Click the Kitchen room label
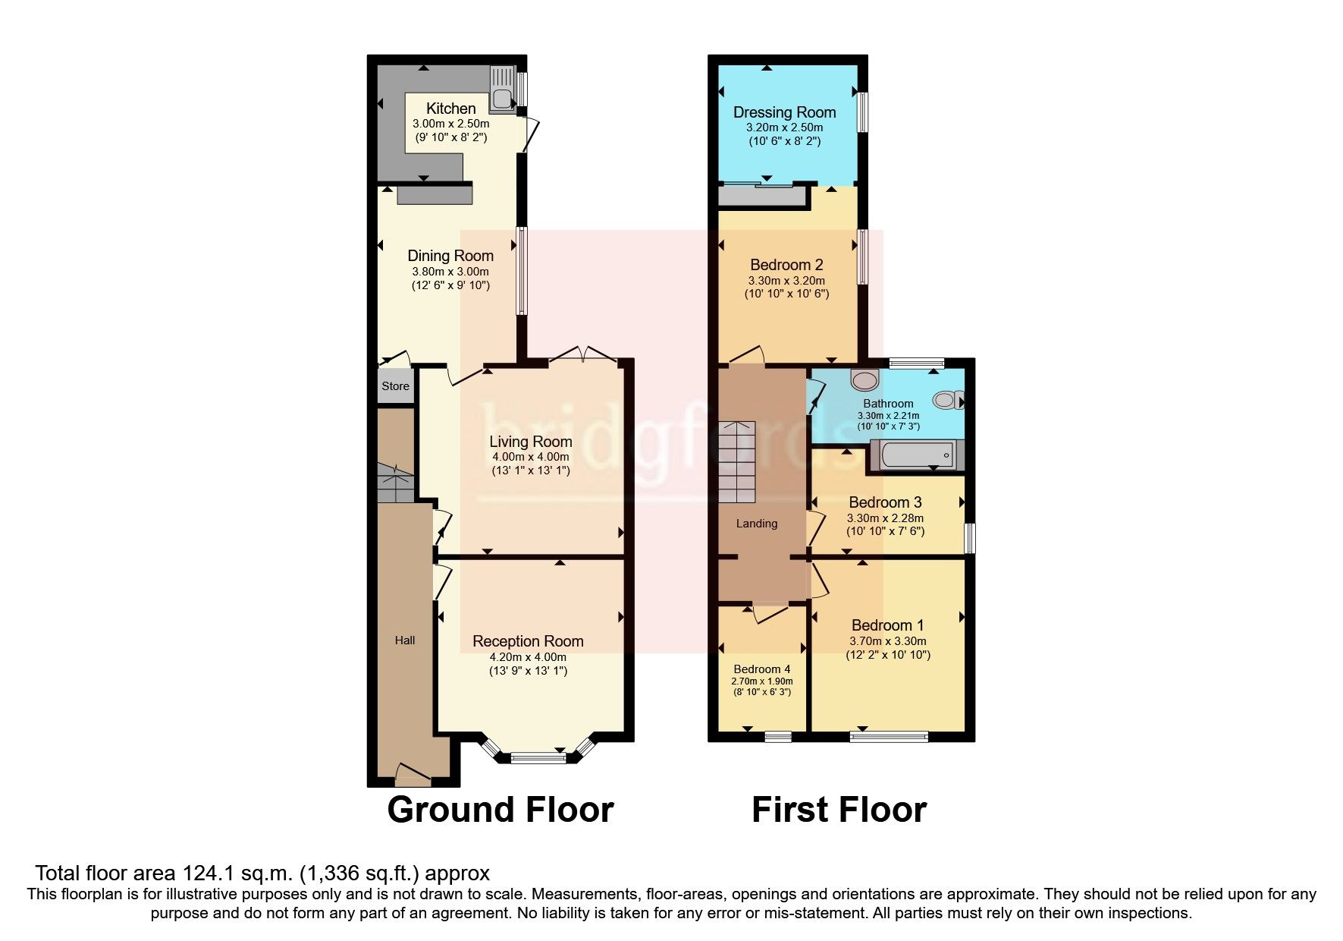(x=450, y=109)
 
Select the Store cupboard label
(x=395, y=386)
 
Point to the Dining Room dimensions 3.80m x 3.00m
(x=450, y=272)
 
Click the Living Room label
(x=530, y=442)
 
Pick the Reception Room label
(x=528, y=641)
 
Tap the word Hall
(x=405, y=640)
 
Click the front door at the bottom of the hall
(x=413, y=774)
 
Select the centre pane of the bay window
(x=537, y=757)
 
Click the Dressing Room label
(x=784, y=112)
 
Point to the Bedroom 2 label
(x=786, y=265)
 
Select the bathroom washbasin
(x=863, y=379)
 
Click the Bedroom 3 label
(x=885, y=502)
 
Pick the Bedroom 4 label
(x=762, y=669)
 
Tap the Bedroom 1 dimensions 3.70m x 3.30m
(x=888, y=640)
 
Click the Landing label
(x=757, y=524)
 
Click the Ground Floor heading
(x=500, y=810)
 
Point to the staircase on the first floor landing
(x=737, y=461)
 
